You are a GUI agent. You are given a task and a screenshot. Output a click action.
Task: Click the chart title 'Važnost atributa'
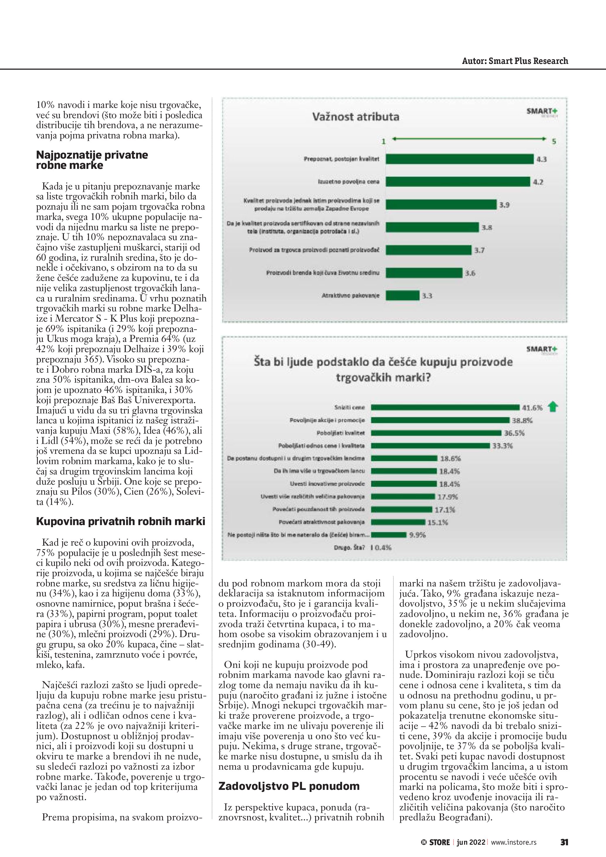[356, 117]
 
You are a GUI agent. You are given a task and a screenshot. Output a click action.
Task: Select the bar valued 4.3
[459, 159]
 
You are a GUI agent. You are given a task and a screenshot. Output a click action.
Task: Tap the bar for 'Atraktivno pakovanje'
[402, 296]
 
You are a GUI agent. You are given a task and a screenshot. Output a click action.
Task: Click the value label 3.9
[505, 205]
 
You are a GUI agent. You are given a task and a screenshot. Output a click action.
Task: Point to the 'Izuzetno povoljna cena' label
[349, 182]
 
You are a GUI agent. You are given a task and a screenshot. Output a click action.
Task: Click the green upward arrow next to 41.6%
[553, 407]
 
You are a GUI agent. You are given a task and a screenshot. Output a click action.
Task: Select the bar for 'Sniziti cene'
[445, 407]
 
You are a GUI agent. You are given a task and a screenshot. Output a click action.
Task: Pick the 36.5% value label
[514, 433]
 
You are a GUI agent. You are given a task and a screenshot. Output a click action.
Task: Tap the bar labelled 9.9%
[388, 535]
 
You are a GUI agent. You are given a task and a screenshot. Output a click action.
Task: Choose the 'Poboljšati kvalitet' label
[340, 433]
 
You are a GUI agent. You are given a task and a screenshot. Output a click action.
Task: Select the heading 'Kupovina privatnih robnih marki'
[120, 521]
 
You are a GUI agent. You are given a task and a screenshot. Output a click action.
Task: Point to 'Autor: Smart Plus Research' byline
[515, 61]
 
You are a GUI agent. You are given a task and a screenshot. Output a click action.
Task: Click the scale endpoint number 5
[554, 141]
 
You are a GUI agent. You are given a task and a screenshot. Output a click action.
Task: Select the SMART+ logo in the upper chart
[542, 112]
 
